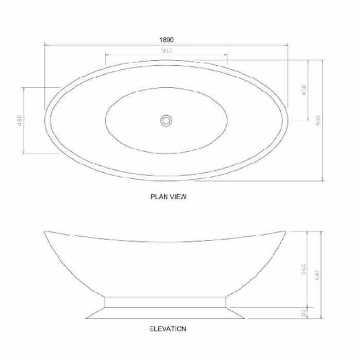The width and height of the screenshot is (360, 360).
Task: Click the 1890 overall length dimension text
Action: pos(166,39)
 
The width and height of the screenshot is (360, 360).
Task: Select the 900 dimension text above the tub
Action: pos(166,50)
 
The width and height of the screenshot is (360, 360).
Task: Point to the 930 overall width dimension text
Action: pos(318,120)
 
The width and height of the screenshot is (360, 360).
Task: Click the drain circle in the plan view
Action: pos(166,120)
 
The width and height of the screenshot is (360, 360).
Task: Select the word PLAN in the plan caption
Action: pos(157,197)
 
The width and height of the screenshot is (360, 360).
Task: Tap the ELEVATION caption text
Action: pos(168,328)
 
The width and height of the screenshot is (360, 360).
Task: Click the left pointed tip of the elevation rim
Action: pos(45,231)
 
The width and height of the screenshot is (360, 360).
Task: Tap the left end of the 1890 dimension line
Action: pos(45,45)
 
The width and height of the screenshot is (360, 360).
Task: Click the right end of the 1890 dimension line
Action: pos(288,45)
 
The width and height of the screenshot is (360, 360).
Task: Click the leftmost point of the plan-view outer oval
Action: pos(44,121)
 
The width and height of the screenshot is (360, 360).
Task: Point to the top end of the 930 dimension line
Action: pos(323,60)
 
